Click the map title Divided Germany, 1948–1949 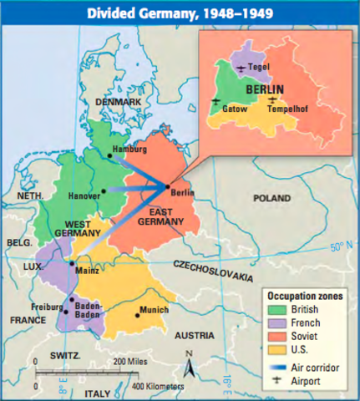click(180, 13)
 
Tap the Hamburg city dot click(110, 151)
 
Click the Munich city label click(154, 309)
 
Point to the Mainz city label click(87, 271)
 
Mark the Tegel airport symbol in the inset click(241, 67)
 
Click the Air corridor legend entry click(311, 364)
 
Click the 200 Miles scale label click(131, 360)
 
